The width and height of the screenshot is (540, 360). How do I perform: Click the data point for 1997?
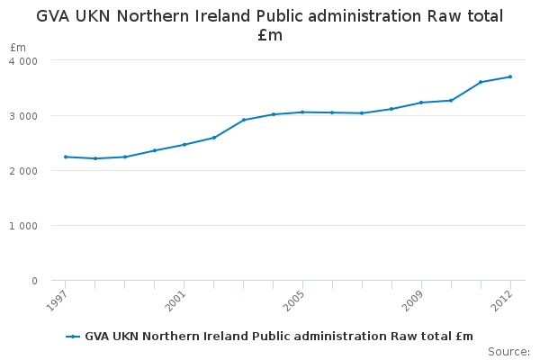(65, 157)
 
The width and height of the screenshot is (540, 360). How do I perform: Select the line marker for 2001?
(184, 144)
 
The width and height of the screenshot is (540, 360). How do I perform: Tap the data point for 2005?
(302, 112)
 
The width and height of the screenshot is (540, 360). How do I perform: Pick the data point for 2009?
(421, 103)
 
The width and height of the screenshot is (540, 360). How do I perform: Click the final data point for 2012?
(510, 76)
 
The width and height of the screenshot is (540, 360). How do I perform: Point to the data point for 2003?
(243, 120)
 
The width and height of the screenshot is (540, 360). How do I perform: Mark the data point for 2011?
(481, 82)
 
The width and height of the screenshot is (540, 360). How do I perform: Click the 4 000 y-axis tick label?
(24, 60)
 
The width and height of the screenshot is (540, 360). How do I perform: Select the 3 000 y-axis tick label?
(24, 116)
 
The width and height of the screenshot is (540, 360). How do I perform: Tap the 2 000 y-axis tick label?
(24, 171)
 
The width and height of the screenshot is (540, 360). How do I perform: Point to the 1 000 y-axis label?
(24, 226)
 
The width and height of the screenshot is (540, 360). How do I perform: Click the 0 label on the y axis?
(34, 281)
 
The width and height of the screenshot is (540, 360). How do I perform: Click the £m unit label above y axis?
(18, 47)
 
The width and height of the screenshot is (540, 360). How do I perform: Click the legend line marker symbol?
(73, 337)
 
